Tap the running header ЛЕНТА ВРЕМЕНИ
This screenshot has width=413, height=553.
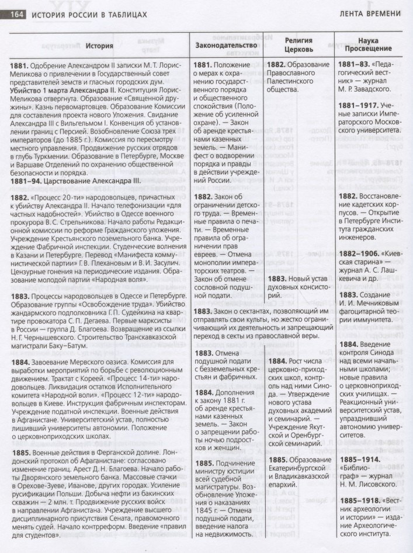368,13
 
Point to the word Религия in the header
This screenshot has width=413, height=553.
299,40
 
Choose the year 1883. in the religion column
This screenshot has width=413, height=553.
282,279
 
